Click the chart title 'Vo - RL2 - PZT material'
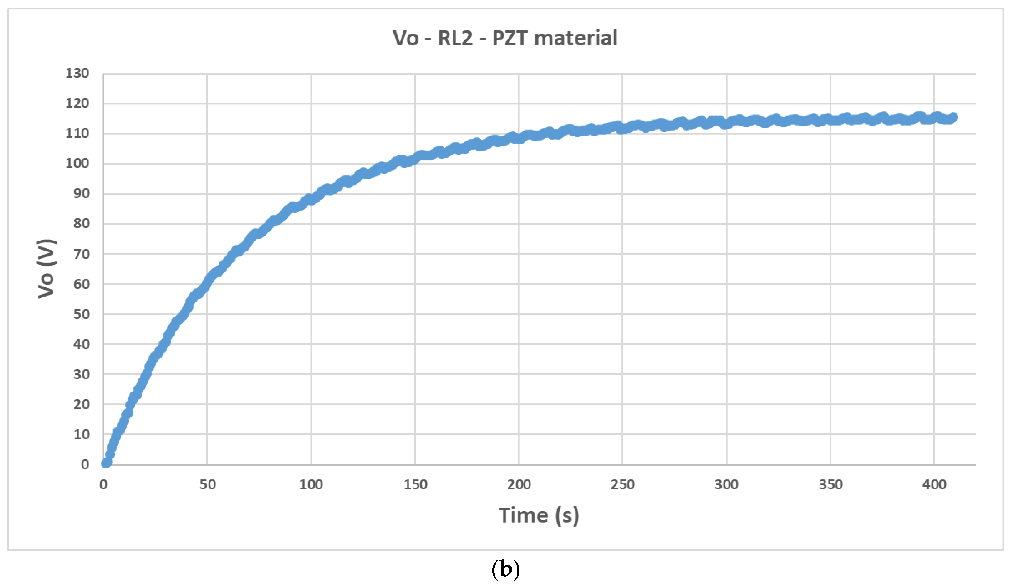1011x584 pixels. tap(505, 39)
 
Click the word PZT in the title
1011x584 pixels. tap(509, 39)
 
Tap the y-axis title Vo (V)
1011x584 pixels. tap(47, 269)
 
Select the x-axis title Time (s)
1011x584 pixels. tap(539, 516)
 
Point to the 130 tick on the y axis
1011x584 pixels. tap(77, 73)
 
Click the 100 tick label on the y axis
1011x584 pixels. tap(77, 164)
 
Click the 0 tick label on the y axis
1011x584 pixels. tap(85, 465)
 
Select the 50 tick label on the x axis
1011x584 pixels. tap(208, 484)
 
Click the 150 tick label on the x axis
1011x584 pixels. tap(415, 484)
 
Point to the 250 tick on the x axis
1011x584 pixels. tap(623, 484)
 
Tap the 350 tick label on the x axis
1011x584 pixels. tap(830, 484)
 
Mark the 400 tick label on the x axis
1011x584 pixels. tap(934, 484)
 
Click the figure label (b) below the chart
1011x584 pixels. tap(505, 569)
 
